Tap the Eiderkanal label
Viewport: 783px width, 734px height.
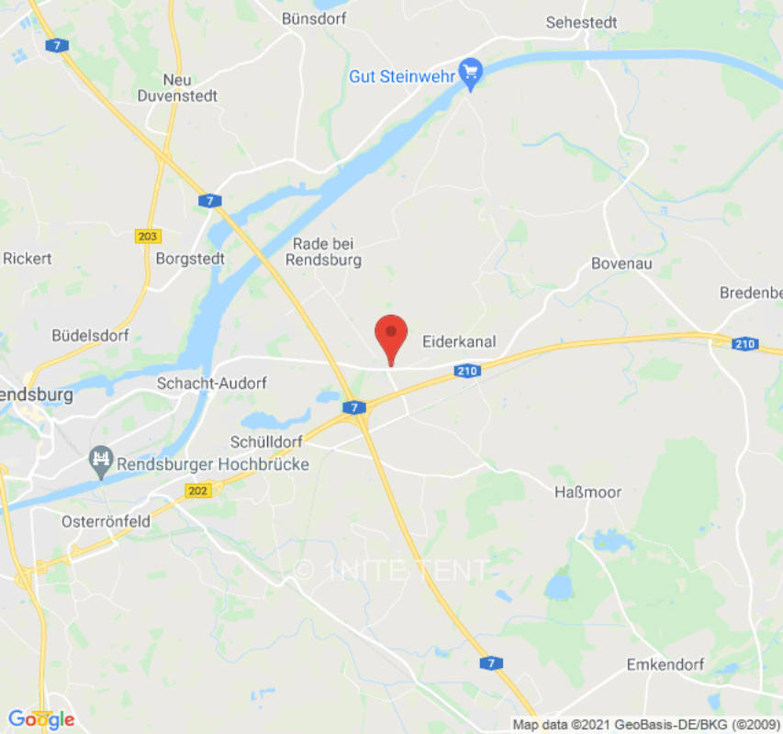(459, 342)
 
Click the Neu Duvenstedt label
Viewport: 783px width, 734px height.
(176, 87)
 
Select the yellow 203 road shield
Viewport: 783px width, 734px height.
(147, 236)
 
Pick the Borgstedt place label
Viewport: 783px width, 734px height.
(190, 259)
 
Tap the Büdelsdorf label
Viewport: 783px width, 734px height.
(91, 335)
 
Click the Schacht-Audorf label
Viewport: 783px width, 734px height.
(206, 384)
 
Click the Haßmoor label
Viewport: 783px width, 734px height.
(587, 493)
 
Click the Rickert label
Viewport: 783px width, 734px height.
(28, 259)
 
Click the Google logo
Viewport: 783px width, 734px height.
(39, 719)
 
